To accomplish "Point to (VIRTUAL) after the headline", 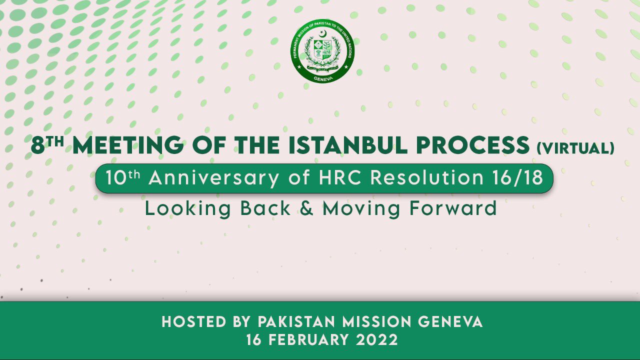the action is coord(575,148).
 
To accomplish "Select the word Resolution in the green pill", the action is coord(427,177).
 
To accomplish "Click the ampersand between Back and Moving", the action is coord(307,208).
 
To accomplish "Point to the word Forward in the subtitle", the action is coord(453,208).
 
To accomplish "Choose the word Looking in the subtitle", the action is coord(188,209).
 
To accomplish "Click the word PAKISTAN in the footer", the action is coord(296,321).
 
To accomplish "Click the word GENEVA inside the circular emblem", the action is coord(323,78).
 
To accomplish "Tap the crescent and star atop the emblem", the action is coord(323,34).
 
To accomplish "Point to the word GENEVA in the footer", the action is coord(450,321).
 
